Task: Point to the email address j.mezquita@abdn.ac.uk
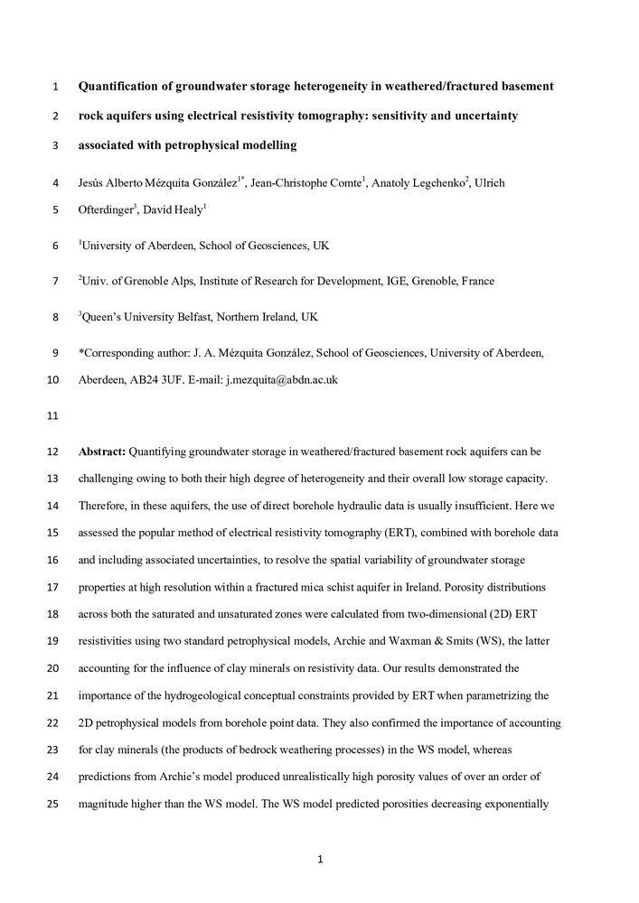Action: [x=281, y=380]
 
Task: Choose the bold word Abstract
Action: [x=102, y=450]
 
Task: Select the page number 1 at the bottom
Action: [x=320, y=859]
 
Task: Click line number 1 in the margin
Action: [x=55, y=88]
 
